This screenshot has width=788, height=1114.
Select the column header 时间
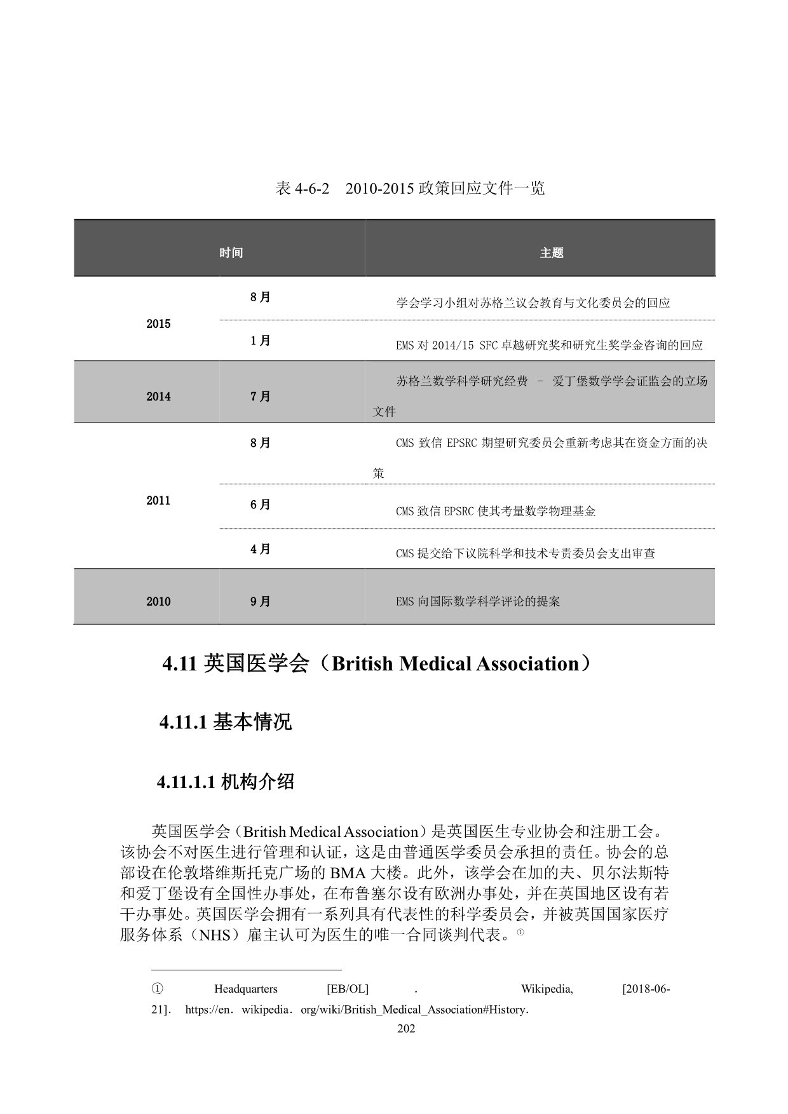[231, 253]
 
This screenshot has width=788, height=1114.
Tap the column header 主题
[552, 253]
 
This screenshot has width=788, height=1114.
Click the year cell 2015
[158, 324]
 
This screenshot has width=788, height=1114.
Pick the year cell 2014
[158, 397]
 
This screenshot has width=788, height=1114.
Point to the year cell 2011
[158, 501]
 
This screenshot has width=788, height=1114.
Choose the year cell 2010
[158, 602]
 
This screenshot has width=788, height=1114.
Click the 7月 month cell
[261, 397]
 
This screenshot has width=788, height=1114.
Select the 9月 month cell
[261, 602]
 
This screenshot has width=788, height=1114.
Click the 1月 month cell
[261, 341]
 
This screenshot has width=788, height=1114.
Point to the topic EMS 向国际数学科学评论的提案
[478, 602]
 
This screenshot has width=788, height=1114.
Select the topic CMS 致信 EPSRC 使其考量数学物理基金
[496, 512]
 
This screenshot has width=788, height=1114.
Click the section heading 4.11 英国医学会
[379, 664]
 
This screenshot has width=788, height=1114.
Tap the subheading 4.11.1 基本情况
[226, 723]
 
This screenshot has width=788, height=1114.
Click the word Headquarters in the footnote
[246, 989]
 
